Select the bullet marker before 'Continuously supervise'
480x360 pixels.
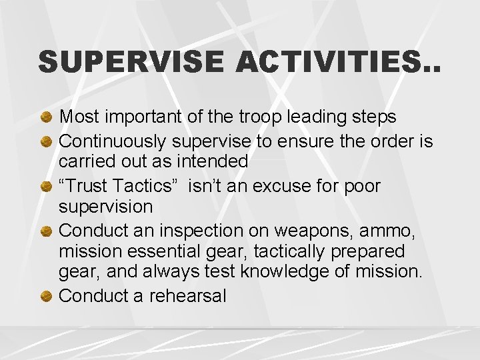tap(47, 142)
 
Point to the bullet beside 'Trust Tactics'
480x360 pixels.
tap(47, 187)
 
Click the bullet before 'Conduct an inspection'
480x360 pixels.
tap(47, 231)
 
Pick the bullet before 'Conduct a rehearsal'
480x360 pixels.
tap(47, 297)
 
